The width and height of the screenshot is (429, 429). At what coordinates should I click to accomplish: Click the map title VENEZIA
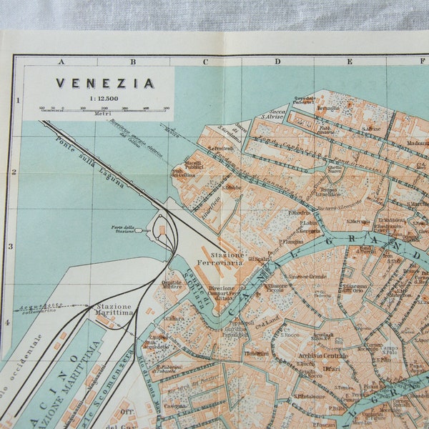point(105,83)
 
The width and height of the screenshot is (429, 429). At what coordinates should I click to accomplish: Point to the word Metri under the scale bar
point(104,114)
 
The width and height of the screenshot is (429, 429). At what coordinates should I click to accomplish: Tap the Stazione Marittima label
point(114,309)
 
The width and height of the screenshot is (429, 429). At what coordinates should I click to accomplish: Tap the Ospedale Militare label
point(172,285)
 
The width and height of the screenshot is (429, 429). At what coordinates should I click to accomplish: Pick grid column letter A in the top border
point(61,62)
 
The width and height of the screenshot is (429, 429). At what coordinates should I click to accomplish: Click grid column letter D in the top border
point(277,62)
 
